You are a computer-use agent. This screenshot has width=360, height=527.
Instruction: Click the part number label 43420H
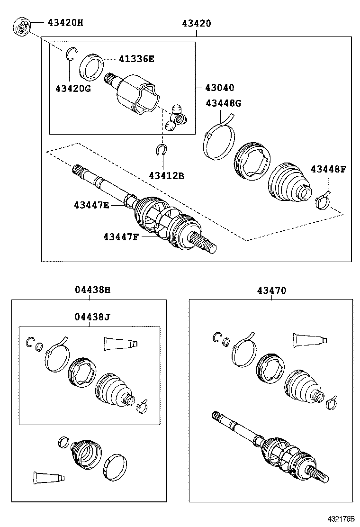[65, 22]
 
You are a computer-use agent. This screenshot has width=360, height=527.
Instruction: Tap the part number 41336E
[136, 59]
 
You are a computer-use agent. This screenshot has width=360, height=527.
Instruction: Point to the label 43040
[219, 88]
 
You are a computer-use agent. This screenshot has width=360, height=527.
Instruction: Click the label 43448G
[223, 103]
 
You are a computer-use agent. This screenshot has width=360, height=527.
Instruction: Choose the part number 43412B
[166, 175]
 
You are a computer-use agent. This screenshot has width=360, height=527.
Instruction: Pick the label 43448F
[329, 169]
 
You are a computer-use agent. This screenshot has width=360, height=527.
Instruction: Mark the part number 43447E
[91, 205]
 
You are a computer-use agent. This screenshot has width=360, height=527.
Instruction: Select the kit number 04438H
[92, 291]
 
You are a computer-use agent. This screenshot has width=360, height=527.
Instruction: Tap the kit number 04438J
[92, 316]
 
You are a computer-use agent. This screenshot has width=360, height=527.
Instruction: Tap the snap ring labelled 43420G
[70, 55]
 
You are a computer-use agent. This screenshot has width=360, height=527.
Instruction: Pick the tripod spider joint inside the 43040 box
[177, 118]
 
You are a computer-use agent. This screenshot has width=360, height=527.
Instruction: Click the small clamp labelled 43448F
[323, 200]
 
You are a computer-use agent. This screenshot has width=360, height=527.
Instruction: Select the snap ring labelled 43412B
[162, 150]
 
